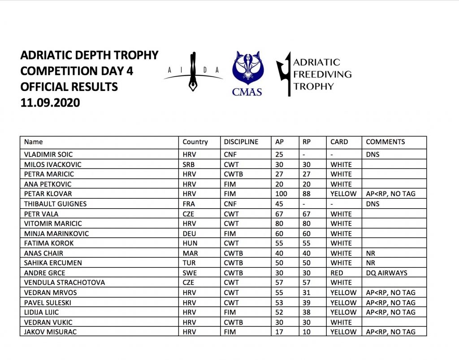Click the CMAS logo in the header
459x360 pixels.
tap(247, 73)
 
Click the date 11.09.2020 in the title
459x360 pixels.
tap(50, 103)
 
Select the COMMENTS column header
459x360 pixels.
tap(385, 142)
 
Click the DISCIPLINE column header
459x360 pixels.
tap(241, 142)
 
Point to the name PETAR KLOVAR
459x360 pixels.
tap(48, 194)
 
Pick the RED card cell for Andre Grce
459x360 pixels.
tap(337, 273)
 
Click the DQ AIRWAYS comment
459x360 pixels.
tap(388, 273)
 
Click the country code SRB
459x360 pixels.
tap(189, 164)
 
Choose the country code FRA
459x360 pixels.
tap(189, 204)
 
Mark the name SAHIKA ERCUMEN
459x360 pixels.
tap(53, 263)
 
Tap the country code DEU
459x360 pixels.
tap(189, 233)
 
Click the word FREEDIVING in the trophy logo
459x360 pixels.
tap(322, 74)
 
